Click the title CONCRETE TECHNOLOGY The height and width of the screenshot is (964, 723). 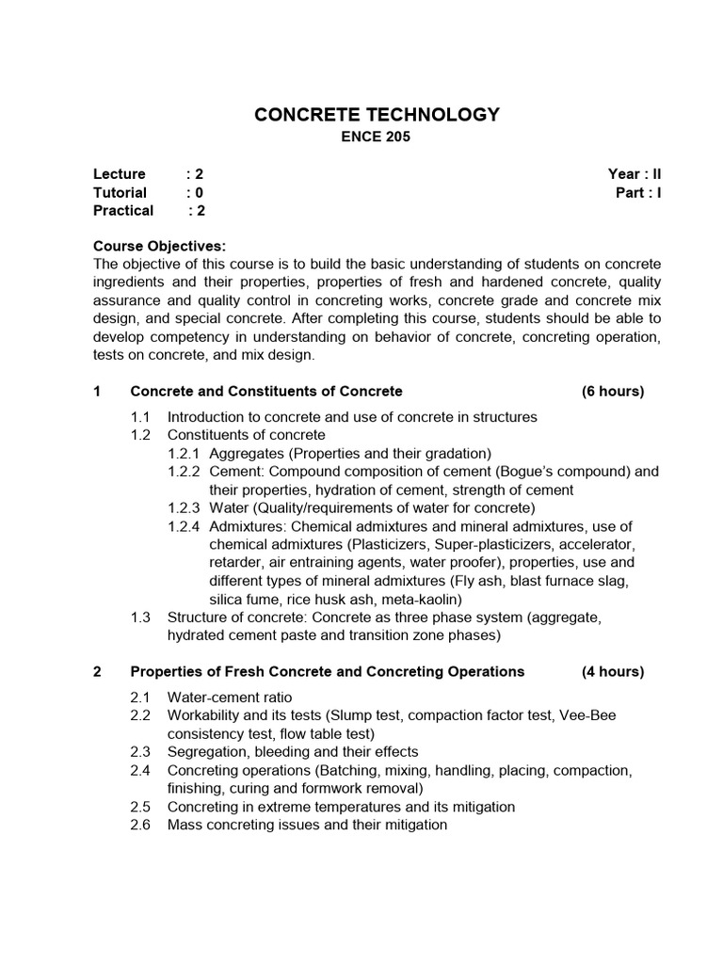pyautogui.click(x=377, y=115)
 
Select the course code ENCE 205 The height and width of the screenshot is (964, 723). pyautogui.click(x=376, y=138)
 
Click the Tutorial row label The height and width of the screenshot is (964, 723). pyautogui.click(x=120, y=192)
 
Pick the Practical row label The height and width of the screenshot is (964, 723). pyautogui.click(x=123, y=210)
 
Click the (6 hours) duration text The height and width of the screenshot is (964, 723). pyautogui.click(x=613, y=391)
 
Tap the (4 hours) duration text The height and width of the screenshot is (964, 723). pyautogui.click(x=613, y=671)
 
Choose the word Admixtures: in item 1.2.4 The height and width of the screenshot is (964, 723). pyautogui.click(x=248, y=525)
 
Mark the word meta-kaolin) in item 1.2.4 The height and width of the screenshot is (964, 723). pyautogui.click(x=419, y=598)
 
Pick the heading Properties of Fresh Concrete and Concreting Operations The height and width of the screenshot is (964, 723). pyautogui.click(x=327, y=671)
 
